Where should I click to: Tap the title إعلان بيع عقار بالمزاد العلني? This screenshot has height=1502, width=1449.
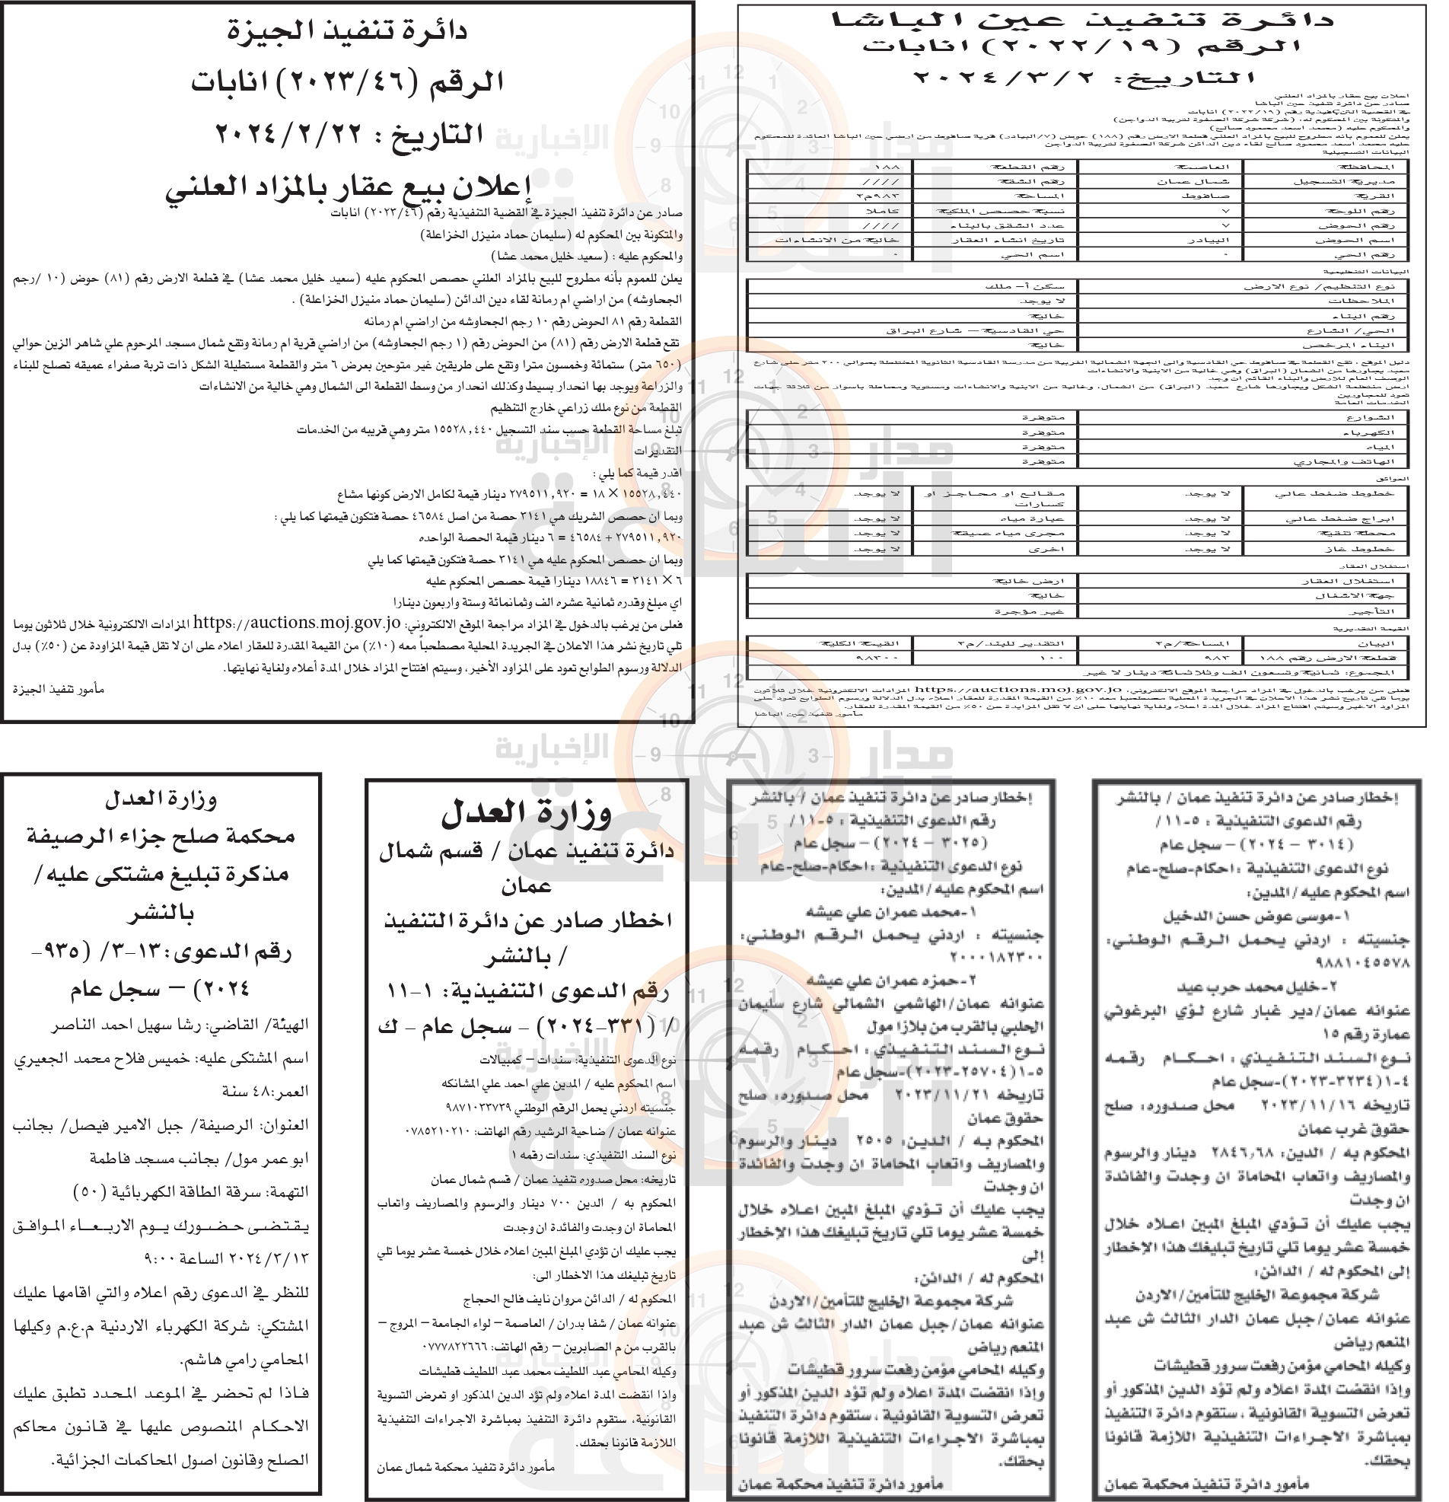pos(348,187)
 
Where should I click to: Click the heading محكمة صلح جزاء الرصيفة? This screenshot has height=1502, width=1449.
pos(161,835)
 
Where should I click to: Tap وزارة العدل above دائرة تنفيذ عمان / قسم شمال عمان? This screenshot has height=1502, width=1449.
pos(527,813)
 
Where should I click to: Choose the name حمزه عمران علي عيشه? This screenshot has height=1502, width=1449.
pos(889,980)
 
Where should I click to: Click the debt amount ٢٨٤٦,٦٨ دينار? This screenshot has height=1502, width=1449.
pos(1288,1153)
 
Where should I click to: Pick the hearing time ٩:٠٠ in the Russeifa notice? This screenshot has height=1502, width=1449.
pos(161,1258)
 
